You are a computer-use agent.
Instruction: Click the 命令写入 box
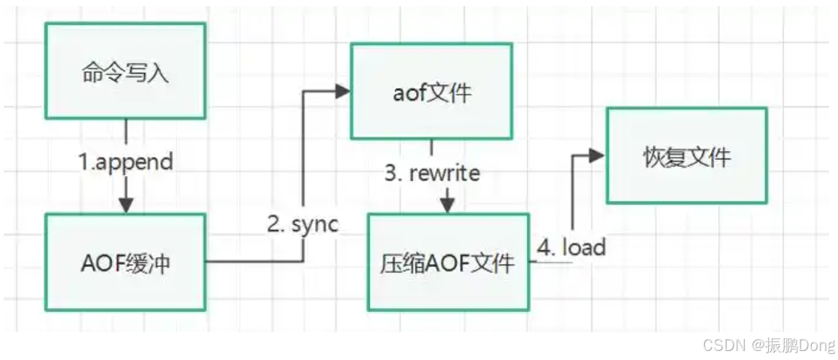click(x=125, y=71)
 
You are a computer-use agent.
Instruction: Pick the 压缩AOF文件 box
click(x=449, y=262)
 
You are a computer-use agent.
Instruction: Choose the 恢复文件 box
click(x=686, y=156)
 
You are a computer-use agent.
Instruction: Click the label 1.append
click(x=126, y=161)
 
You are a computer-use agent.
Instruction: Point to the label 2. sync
click(x=303, y=223)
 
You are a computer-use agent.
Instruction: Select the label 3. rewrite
click(x=432, y=173)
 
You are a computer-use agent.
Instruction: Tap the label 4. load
click(x=572, y=247)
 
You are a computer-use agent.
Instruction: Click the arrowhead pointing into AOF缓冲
click(x=126, y=204)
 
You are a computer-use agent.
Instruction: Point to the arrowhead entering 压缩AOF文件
click(x=448, y=204)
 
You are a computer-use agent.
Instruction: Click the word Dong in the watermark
click(x=816, y=345)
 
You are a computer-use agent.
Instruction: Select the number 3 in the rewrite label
click(x=392, y=173)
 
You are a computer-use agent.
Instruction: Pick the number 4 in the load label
click(x=544, y=247)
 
